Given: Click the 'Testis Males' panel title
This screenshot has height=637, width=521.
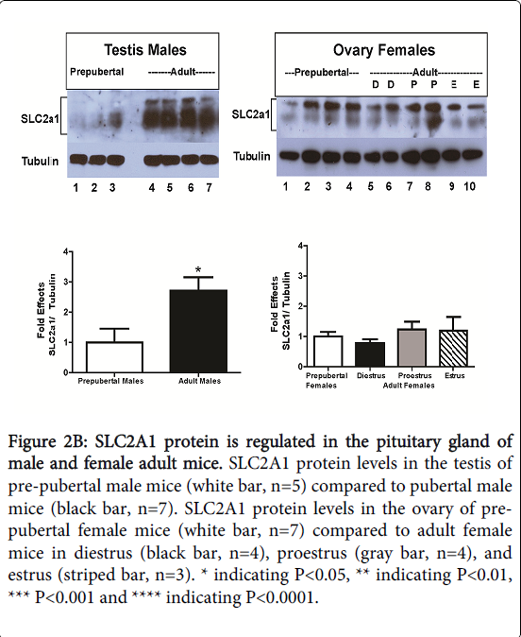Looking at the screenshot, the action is point(145,50).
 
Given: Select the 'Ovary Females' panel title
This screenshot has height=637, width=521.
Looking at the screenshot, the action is point(384,50).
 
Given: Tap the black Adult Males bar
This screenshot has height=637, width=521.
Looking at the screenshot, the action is point(198,331).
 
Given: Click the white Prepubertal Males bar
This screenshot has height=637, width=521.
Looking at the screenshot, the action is point(114,357).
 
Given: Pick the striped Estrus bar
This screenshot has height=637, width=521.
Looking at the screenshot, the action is point(454,348).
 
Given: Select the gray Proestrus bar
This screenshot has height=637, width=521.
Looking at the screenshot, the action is point(412,348).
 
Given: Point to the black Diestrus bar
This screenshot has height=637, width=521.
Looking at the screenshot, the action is point(370,354).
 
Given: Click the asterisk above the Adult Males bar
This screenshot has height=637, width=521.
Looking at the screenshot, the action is point(198,269).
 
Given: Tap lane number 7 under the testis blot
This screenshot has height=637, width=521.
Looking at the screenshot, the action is point(209,188).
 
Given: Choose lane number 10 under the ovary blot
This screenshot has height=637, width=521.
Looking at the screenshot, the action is point(469,186).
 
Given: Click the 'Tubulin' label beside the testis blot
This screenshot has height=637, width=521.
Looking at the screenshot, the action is point(40,162).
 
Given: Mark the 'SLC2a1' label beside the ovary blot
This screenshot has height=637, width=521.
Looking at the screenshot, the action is point(250,114).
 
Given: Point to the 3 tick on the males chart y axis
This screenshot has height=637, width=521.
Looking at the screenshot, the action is point(66,282).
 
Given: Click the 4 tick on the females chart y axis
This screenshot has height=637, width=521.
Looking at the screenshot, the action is point(301,246).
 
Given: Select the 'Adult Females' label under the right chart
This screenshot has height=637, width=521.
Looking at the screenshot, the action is point(409,386).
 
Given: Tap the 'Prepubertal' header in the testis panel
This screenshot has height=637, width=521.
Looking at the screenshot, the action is point(96,72).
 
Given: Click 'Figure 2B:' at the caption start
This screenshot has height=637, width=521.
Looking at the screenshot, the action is point(48,441).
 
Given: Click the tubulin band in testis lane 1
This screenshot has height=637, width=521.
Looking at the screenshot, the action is point(78,159).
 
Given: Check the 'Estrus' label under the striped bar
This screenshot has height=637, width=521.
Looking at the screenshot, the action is point(454,376).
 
